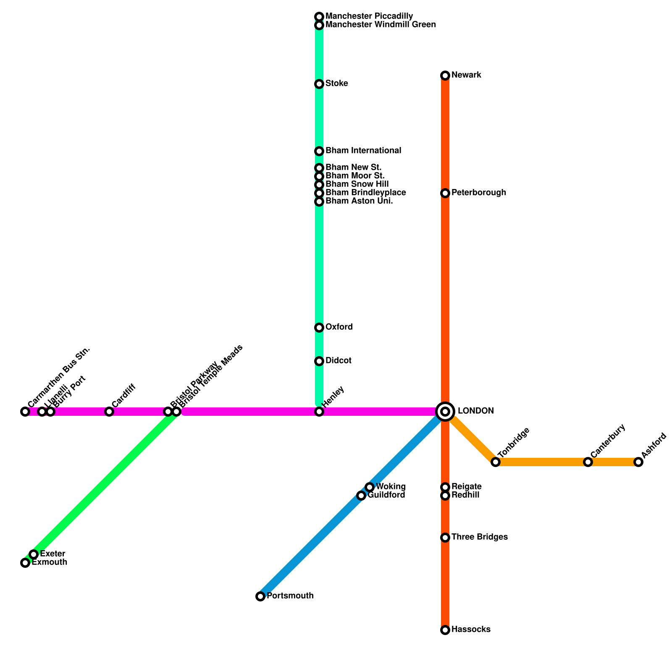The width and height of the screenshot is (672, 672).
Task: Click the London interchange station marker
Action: [445, 411]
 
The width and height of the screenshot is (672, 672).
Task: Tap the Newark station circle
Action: [445, 76]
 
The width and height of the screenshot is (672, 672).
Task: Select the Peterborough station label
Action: [479, 193]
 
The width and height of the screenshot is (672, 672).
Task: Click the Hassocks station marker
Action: [445, 630]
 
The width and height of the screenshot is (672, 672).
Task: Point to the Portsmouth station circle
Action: [260, 596]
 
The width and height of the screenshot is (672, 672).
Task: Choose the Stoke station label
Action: [336, 84]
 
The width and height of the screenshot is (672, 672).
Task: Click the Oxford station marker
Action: [319, 328]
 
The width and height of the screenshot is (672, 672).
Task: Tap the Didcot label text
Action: [338, 361]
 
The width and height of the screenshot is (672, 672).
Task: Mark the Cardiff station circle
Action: [109, 412]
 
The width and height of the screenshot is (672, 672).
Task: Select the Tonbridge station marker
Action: [496, 462]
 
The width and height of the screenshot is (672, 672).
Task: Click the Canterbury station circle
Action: [588, 462]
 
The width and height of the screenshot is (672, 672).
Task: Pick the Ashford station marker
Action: [638, 462]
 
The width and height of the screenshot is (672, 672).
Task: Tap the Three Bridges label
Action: [479, 537]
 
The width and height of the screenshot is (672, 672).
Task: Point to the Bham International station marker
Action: [319, 151]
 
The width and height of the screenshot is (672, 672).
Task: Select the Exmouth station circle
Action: [25, 563]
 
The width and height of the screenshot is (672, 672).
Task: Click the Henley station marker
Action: [319, 412]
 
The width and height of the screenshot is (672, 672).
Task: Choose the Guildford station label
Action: [386, 495]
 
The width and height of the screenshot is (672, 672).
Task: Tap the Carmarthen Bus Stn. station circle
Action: [25, 412]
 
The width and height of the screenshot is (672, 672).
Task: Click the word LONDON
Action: [475, 411]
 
